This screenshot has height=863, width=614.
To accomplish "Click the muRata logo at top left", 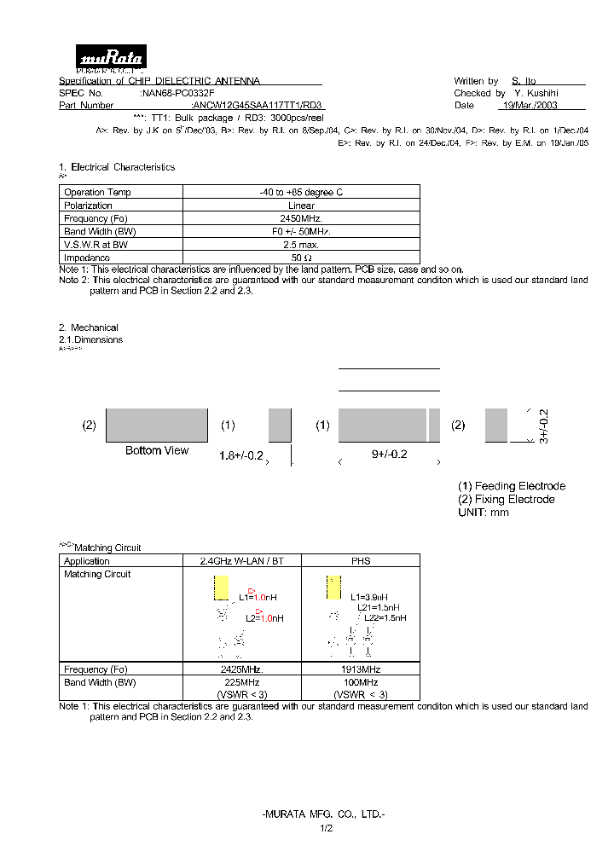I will coord(112,58).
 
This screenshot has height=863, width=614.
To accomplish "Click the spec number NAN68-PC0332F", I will coord(178,93).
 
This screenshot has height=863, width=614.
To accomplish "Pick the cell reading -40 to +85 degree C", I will coord(301,193).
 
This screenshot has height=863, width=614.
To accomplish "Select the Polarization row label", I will coord(88,206).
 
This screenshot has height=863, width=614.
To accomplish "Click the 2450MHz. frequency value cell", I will coord(301,218).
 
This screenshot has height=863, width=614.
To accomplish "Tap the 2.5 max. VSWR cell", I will coord(301,245).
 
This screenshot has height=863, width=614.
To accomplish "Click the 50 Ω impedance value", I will coord(301,258).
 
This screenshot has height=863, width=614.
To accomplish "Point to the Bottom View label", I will coord(157,450).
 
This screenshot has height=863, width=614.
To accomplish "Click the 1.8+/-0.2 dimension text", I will coord(241,455).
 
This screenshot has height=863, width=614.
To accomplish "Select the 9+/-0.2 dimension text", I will coord(389,455).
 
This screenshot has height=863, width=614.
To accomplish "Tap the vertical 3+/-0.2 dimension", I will coord(544,426).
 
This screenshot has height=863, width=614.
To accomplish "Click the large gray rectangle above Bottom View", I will coord(157,425).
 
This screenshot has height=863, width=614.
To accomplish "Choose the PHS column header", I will coord(361,561).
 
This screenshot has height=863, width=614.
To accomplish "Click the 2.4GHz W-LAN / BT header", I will coord(242,561).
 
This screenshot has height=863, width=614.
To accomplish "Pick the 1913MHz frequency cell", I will coord(361,670).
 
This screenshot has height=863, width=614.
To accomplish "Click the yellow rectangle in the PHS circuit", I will coord(333,587).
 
